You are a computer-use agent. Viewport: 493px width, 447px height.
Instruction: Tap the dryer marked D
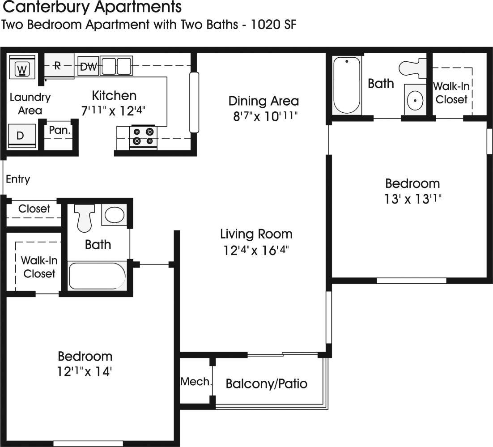(x=21, y=136)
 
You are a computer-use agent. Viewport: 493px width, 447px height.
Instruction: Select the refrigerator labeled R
(x=58, y=66)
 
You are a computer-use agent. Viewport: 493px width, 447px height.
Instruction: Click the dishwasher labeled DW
(x=88, y=67)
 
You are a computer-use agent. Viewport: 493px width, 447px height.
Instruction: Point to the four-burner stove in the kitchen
(x=143, y=136)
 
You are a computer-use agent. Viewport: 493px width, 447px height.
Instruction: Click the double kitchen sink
(x=116, y=66)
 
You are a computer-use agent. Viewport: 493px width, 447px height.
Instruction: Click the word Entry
(x=18, y=179)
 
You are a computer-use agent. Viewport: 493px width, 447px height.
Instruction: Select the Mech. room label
(x=195, y=382)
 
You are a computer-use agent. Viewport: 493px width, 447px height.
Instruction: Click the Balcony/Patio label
(x=266, y=383)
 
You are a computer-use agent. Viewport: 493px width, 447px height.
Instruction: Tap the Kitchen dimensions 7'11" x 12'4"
(x=114, y=111)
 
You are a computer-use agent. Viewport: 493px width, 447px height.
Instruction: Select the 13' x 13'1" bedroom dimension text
(x=412, y=199)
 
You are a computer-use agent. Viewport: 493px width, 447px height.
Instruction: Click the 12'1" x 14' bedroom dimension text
(x=85, y=371)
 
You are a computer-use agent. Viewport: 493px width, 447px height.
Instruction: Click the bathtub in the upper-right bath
(x=347, y=85)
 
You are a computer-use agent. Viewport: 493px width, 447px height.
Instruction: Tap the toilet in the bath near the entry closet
(x=84, y=217)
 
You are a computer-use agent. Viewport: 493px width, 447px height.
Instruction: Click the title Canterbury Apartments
(x=92, y=8)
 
